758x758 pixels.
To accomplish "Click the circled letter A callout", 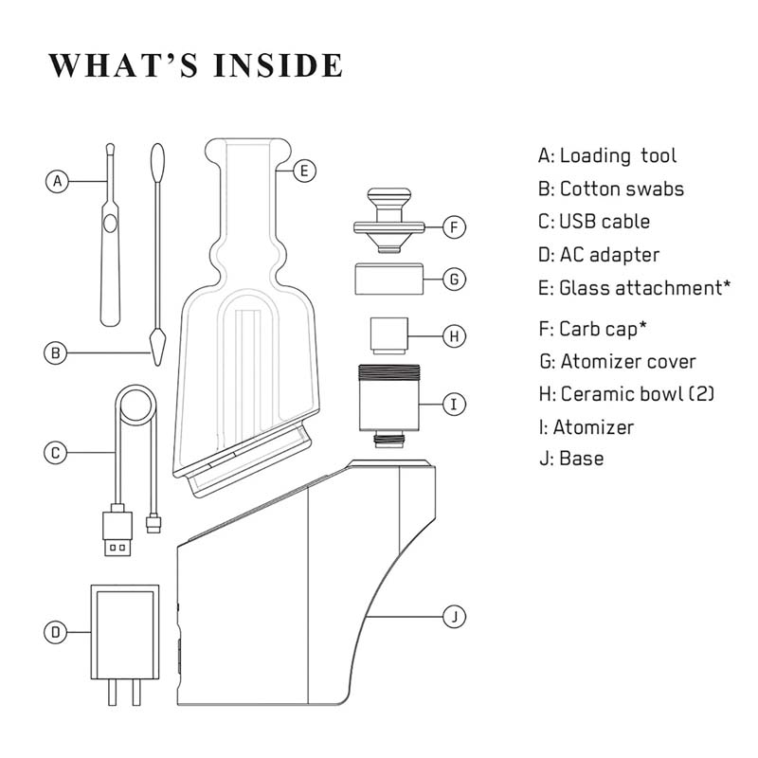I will [x=59, y=180].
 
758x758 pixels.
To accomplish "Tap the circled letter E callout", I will [x=303, y=171].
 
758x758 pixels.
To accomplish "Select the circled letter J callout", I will [x=456, y=617].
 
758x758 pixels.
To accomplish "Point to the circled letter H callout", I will [x=456, y=336].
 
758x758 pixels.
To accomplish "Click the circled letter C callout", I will [x=59, y=453].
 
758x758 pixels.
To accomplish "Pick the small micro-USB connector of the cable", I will [x=153, y=522].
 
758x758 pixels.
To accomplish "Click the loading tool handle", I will [x=111, y=275].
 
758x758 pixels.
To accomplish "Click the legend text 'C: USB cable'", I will [x=594, y=222].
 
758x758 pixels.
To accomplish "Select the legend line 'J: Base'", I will [x=570, y=459].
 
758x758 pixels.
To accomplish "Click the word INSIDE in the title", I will [x=279, y=65].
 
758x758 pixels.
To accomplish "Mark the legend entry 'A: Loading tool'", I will [x=607, y=155].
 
